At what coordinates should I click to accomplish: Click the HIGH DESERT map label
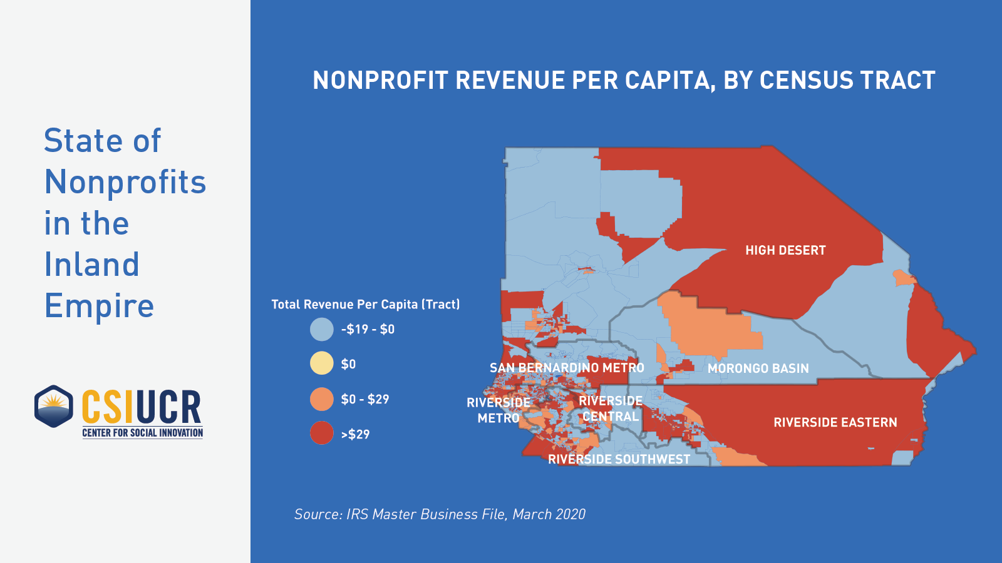(x=785, y=250)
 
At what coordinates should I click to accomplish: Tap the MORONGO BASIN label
(x=758, y=368)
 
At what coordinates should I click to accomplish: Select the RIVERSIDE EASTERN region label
(x=835, y=422)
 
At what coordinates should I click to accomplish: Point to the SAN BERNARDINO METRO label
(x=567, y=368)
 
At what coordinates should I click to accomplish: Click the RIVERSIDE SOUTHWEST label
(x=619, y=459)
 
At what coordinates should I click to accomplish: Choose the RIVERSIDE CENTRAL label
(x=611, y=408)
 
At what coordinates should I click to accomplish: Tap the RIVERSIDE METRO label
(x=498, y=410)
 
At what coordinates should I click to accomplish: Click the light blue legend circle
(x=322, y=329)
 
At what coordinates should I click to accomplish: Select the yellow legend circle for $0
(x=322, y=363)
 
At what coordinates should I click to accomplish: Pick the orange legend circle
(x=322, y=399)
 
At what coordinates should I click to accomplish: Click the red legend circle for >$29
(x=322, y=434)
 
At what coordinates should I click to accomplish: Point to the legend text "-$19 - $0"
(x=368, y=329)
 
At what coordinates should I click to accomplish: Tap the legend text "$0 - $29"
(x=364, y=399)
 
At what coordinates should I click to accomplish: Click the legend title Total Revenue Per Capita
(x=365, y=305)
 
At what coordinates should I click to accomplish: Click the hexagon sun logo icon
(x=54, y=407)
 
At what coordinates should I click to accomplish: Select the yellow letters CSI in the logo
(x=107, y=407)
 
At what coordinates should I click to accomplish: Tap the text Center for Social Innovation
(x=142, y=433)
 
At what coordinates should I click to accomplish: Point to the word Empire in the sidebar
(x=99, y=306)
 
